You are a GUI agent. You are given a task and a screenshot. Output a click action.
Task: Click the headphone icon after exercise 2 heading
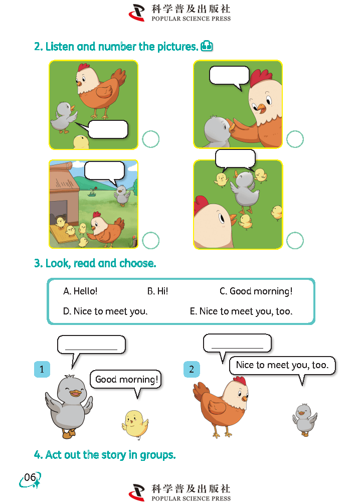click(x=207, y=46)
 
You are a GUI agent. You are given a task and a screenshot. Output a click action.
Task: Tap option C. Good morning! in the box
click(x=256, y=291)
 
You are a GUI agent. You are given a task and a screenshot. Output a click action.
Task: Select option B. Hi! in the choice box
click(x=157, y=291)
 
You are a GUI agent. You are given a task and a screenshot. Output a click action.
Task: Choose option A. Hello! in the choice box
click(x=80, y=291)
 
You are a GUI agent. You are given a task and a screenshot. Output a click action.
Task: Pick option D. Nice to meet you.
click(x=105, y=311)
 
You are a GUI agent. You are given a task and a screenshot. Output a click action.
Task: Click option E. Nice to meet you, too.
click(x=241, y=311)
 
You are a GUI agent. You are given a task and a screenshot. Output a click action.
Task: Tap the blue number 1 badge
click(x=42, y=369)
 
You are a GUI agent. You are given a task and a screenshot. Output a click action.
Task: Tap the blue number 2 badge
click(x=192, y=369)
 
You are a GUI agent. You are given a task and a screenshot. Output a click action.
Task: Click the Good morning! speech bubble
click(x=125, y=379)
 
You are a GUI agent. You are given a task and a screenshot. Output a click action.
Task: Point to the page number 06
click(x=30, y=477)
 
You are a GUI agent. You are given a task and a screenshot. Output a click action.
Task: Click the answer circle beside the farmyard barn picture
click(x=151, y=240)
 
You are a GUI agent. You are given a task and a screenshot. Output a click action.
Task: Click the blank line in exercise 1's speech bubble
click(x=91, y=349)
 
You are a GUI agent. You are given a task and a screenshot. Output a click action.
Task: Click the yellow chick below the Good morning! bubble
click(x=135, y=423)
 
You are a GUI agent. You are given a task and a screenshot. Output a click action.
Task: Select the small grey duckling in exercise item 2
click(x=305, y=419)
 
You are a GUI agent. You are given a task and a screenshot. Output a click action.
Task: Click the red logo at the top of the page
click(x=137, y=13)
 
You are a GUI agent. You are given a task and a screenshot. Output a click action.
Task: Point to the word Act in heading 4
click(x=53, y=455)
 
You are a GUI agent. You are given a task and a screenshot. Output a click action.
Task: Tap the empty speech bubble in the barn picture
click(x=104, y=171)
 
